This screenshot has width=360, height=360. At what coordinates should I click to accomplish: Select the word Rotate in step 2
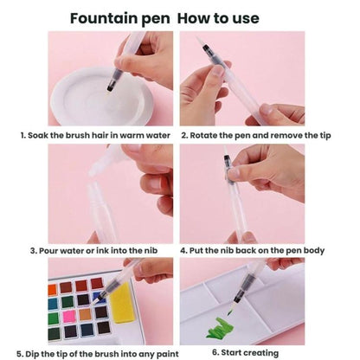click(202, 135)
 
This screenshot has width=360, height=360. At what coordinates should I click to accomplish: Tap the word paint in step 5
click(168, 354)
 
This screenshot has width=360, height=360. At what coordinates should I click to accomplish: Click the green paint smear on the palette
click(220, 328)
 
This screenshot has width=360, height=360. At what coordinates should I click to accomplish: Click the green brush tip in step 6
click(230, 311)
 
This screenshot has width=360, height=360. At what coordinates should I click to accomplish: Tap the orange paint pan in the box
click(52, 290)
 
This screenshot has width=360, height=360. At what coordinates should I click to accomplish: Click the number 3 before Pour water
click(34, 251)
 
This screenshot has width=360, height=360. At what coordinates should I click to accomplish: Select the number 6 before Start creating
click(215, 352)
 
